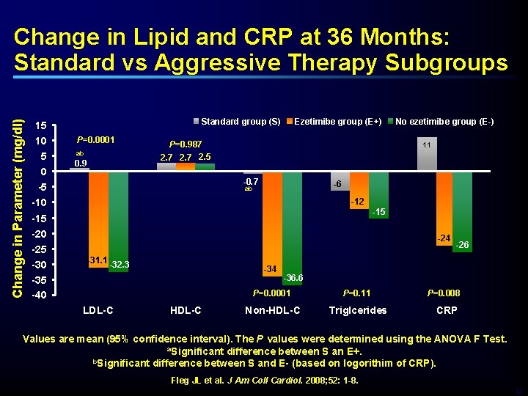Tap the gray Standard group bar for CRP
pyautogui.click(x=427, y=154)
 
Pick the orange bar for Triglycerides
pyautogui.click(x=359, y=189)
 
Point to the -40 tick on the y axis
pyautogui.click(x=40, y=296)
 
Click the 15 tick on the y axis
pyautogui.click(x=42, y=125)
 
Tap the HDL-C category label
pyautogui.click(x=185, y=310)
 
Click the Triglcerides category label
pyautogui.click(x=359, y=310)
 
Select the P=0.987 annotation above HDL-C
pyautogui.click(x=185, y=144)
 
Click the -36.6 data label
pyautogui.click(x=293, y=278)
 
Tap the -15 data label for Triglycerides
pyautogui.click(x=379, y=212)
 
